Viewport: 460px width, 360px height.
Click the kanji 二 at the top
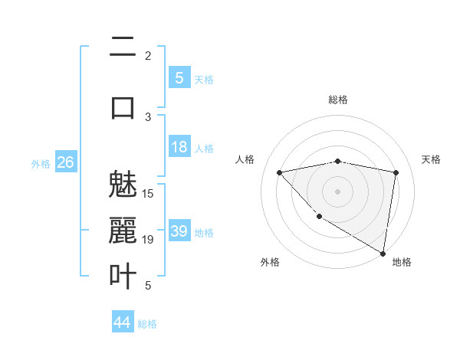(x=123, y=47)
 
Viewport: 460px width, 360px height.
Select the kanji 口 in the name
(x=123, y=106)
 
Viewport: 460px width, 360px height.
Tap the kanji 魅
(x=123, y=186)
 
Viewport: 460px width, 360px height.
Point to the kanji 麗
(x=123, y=231)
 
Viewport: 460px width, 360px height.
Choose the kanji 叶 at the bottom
(x=123, y=275)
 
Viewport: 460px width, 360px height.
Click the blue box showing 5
(x=179, y=78)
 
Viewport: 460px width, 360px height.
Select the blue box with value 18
(x=179, y=147)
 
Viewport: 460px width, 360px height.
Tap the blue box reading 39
(x=179, y=231)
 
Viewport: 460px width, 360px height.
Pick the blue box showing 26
(x=65, y=162)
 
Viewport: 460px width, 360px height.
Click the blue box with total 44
(x=122, y=322)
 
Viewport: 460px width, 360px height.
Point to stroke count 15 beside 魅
(x=148, y=193)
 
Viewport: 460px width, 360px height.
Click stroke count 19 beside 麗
(x=148, y=240)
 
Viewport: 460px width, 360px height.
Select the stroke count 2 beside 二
(x=148, y=55)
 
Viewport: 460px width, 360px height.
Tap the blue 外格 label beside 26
(x=41, y=163)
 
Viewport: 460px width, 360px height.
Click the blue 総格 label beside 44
(x=147, y=324)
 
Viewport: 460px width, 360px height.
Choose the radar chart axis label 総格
(x=338, y=100)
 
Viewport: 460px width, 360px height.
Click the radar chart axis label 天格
(x=432, y=159)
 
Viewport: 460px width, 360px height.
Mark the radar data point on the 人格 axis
(x=279, y=172)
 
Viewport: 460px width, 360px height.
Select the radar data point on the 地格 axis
(x=383, y=253)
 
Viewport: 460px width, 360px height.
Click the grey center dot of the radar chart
(x=337, y=191)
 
